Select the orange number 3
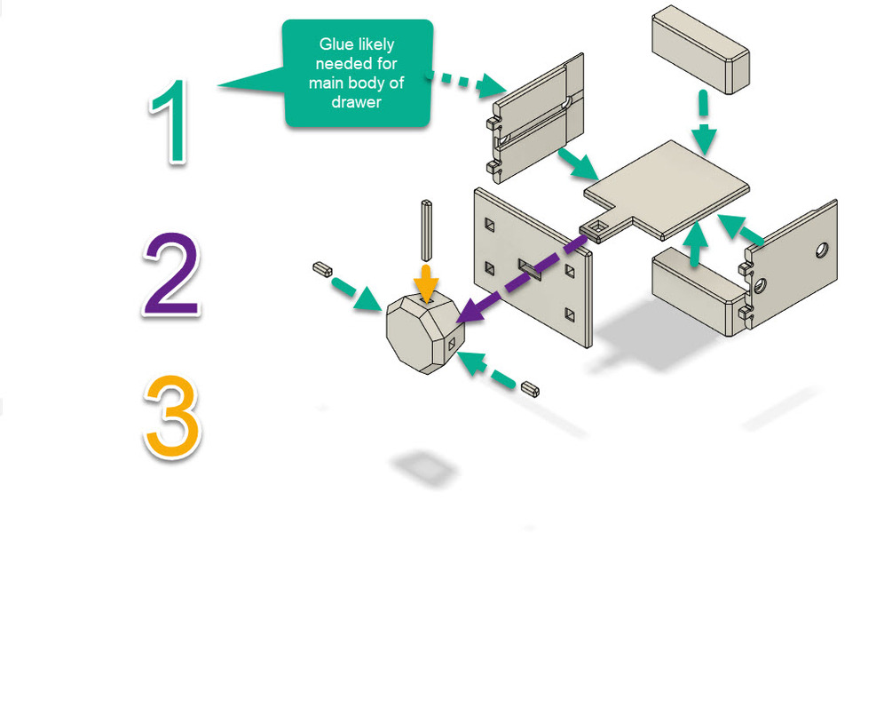(172, 417)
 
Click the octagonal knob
(421, 333)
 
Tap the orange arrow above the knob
(427, 281)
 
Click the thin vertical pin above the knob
(426, 226)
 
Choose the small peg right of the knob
(531, 387)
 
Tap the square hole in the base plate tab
(599, 230)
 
